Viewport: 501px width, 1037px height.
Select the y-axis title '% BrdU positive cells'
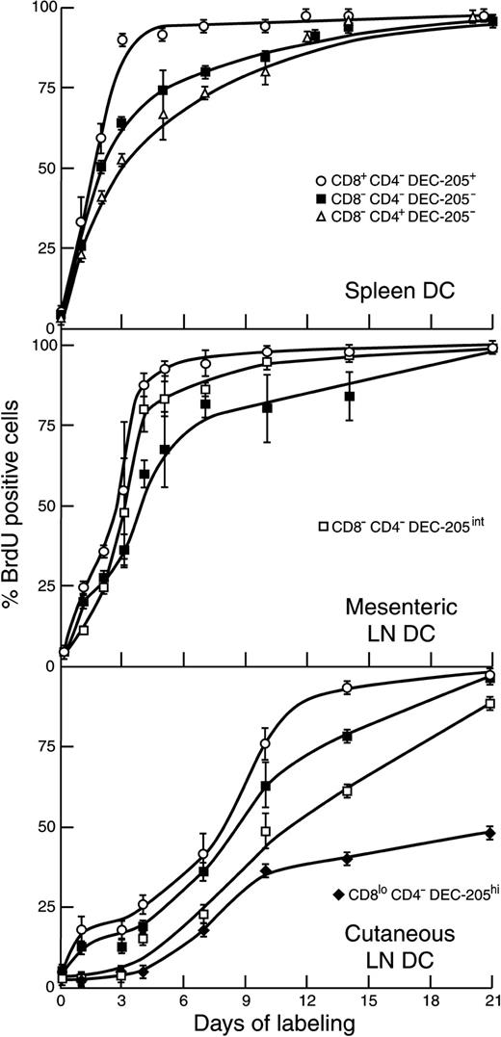tap(15, 510)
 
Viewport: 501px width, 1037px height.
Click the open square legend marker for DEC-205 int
tap(325, 527)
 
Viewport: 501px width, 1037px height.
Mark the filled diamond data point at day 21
tap(489, 832)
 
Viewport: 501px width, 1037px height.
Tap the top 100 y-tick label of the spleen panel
tap(40, 9)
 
